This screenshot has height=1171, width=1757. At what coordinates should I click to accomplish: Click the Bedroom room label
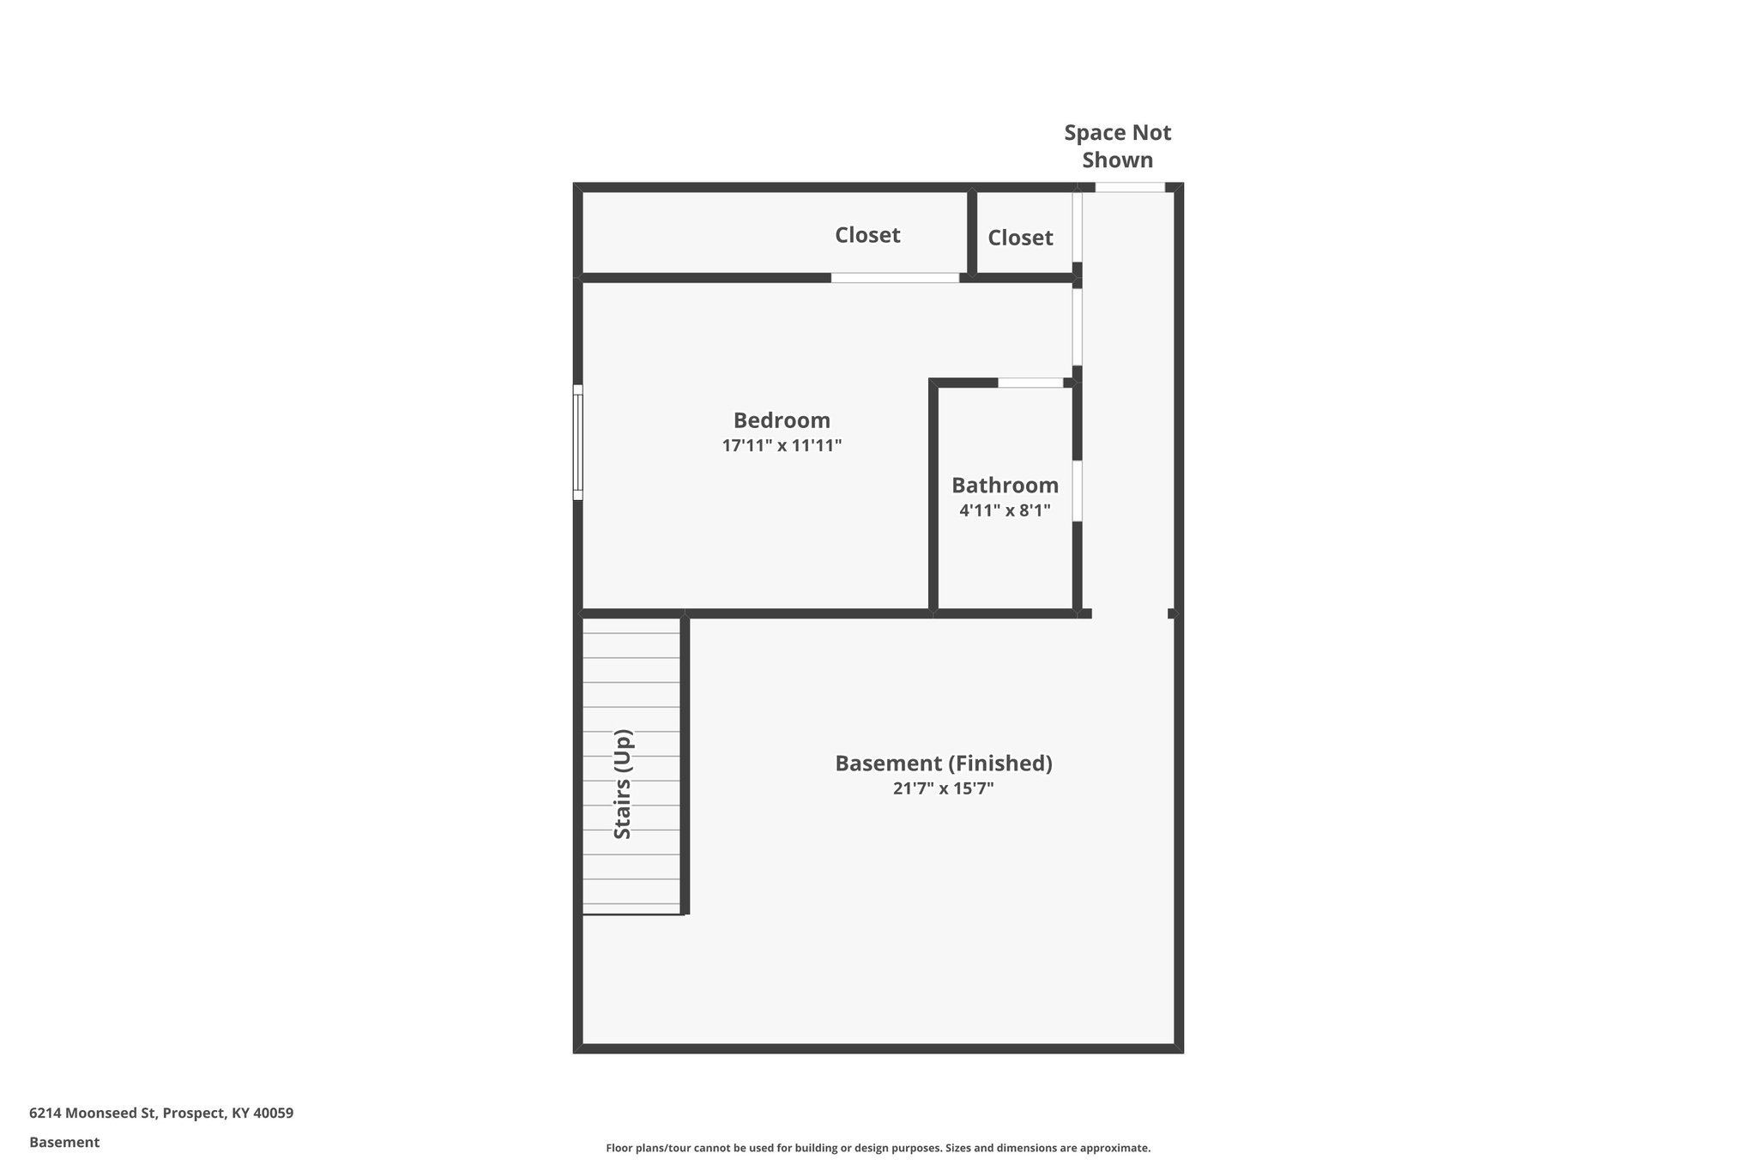[782, 420]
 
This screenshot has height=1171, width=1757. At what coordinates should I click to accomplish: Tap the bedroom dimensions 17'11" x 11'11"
[782, 446]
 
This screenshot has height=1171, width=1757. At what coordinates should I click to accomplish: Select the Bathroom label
[1005, 486]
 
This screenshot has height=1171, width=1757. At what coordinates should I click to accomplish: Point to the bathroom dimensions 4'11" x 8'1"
[1005, 510]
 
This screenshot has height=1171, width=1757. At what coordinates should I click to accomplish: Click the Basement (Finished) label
[944, 764]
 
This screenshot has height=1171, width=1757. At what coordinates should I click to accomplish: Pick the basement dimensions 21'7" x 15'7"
[944, 788]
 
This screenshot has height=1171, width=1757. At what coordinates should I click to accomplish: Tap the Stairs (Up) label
[623, 784]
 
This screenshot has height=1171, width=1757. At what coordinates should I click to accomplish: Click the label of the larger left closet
[867, 235]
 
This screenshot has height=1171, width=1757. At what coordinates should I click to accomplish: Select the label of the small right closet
[1020, 238]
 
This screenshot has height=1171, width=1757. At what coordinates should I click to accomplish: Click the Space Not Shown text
[1117, 146]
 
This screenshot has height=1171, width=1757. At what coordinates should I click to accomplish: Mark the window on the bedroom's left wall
[578, 443]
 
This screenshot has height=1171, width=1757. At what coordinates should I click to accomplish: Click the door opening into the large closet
[895, 278]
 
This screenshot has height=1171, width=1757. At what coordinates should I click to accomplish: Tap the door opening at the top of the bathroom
[1030, 383]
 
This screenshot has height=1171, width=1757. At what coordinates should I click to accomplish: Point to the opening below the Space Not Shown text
[1130, 187]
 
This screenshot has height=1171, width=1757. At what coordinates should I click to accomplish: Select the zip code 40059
[274, 1114]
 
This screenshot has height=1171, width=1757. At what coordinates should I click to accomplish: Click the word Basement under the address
[64, 1143]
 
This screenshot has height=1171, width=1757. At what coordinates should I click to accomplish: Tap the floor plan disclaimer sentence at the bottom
[878, 1148]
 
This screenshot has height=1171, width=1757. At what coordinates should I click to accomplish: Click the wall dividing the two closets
[972, 232]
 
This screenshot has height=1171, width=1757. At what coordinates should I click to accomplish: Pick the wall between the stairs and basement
[685, 764]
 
